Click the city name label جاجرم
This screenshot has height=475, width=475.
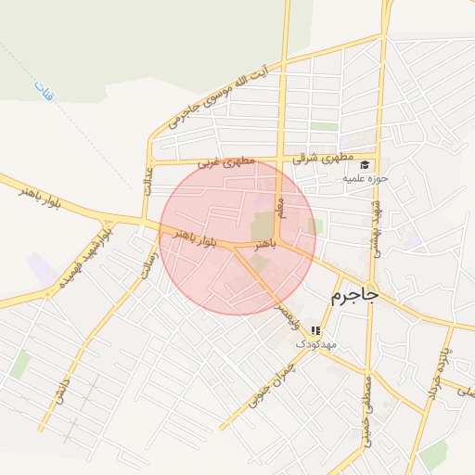coord(354,296)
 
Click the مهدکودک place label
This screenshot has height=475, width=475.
coord(316,343)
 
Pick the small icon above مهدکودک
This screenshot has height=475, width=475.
coord(316,329)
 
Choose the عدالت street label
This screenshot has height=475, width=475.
coord(148,182)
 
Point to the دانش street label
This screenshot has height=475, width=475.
coord(60,389)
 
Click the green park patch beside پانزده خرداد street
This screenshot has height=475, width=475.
coord(433,455)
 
